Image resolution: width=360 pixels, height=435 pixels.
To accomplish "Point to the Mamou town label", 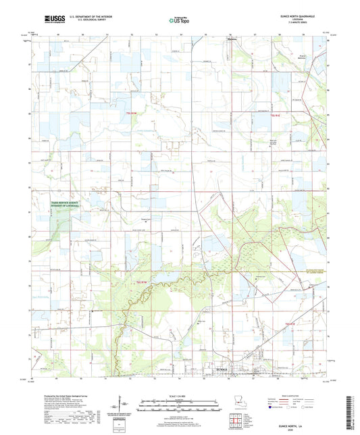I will [x=230, y=40].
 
